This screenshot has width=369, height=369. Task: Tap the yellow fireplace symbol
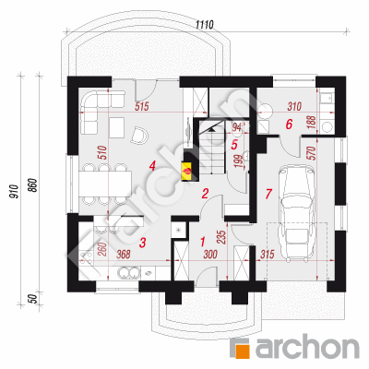tap(186, 170)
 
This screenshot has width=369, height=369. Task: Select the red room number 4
tap(151, 166)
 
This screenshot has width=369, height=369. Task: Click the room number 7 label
tap(268, 194)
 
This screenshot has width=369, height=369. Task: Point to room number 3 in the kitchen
tap(142, 243)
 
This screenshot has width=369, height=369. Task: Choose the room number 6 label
tap(289, 125)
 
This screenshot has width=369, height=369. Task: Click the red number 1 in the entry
tap(202, 242)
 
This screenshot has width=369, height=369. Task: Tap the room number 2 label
tap(205, 194)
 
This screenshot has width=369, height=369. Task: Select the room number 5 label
tap(234, 145)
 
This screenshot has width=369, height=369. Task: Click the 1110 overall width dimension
tap(205, 25)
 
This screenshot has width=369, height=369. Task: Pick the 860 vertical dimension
tap(33, 185)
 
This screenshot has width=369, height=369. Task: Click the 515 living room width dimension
tap(142, 107)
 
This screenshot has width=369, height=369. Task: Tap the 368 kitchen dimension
tap(124, 254)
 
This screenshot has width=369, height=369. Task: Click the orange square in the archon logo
tap(242, 349)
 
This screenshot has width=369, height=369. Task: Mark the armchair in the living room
tap(140, 136)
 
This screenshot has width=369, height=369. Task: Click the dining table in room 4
tap(105, 184)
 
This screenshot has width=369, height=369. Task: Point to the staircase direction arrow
tap(210, 129)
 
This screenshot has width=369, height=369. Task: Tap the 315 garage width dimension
tap(267, 254)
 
